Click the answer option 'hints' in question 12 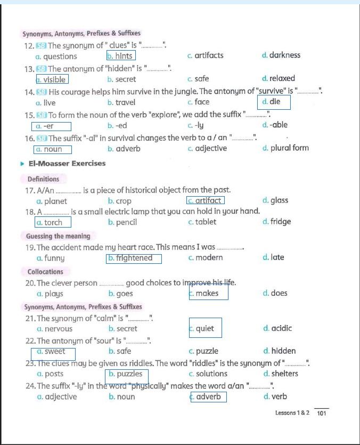pos(121,55)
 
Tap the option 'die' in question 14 pos(274,101)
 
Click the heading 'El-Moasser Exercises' pos(67,164)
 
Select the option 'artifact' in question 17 pos(206,200)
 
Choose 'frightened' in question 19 pos(134,258)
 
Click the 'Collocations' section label pos(45,272)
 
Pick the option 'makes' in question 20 pos(208,293)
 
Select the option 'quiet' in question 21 pos(205,328)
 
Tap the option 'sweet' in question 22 pos(54,352)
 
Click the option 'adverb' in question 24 pos(207,397)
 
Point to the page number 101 pos(321,413)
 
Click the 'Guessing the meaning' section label pos(58,236)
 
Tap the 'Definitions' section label pos(43,179)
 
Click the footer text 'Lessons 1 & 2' pos(292,413)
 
